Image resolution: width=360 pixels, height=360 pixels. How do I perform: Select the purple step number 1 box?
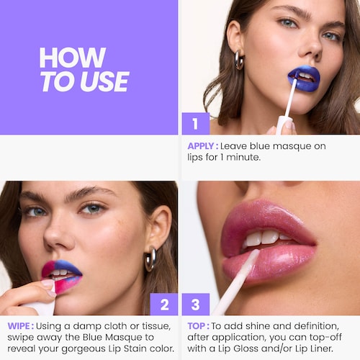194,123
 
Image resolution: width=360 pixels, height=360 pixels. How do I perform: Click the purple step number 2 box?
164,305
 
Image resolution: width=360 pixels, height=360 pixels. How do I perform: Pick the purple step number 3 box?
195,305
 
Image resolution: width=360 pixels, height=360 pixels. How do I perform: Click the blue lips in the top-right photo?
303,77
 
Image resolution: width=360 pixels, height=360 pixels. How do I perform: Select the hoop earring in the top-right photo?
239,60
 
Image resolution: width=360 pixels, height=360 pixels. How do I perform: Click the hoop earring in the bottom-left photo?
150,258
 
